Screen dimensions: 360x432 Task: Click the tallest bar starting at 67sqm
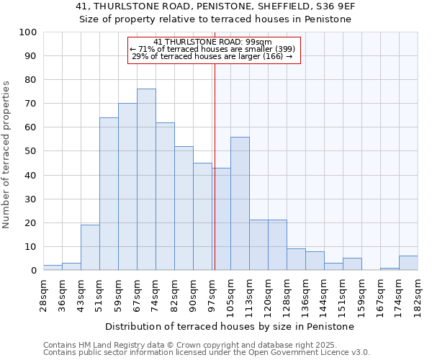146,179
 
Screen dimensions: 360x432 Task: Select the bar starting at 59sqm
127,186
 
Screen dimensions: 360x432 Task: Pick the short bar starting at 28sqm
53,267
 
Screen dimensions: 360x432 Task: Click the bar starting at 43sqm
90,247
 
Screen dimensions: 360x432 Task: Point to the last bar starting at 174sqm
408,263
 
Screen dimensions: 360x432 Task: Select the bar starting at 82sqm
184,208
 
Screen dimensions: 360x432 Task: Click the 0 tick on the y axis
34,271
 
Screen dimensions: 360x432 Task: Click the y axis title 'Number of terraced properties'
6,155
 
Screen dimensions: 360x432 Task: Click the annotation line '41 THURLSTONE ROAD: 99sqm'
212,42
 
